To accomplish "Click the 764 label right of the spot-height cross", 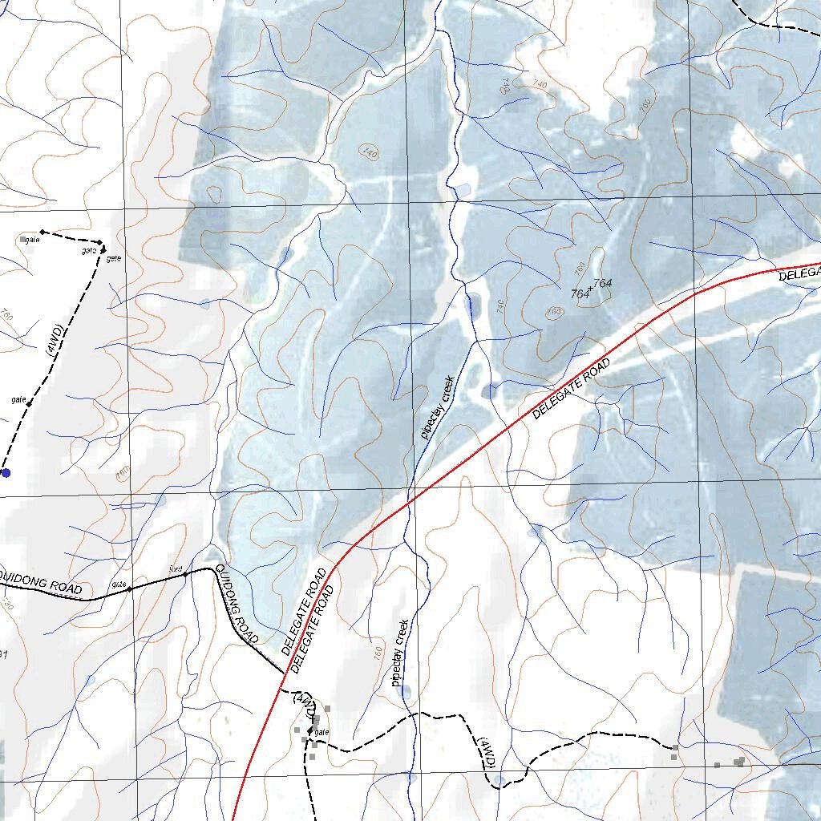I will click(x=602, y=283).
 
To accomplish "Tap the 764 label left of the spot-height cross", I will click(x=580, y=294).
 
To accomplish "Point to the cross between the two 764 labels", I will click(x=591, y=289).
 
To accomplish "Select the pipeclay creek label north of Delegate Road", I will click(x=438, y=406).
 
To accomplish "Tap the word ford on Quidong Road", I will click(x=176, y=568).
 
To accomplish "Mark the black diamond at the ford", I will click(x=185, y=574).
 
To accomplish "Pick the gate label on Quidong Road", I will click(x=119, y=583).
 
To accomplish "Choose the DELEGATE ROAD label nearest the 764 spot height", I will click(x=571, y=389).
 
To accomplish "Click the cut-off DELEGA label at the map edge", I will click(x=800, y=273).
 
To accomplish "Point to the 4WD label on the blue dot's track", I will click(x=53, y=341).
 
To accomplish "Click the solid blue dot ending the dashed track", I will click(x=6, y=473).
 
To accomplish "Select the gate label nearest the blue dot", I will click(x=18, y=398).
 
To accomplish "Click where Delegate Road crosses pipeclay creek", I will click(x=412, y=499).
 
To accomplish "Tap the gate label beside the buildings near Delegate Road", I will click(x=322, y=732).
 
